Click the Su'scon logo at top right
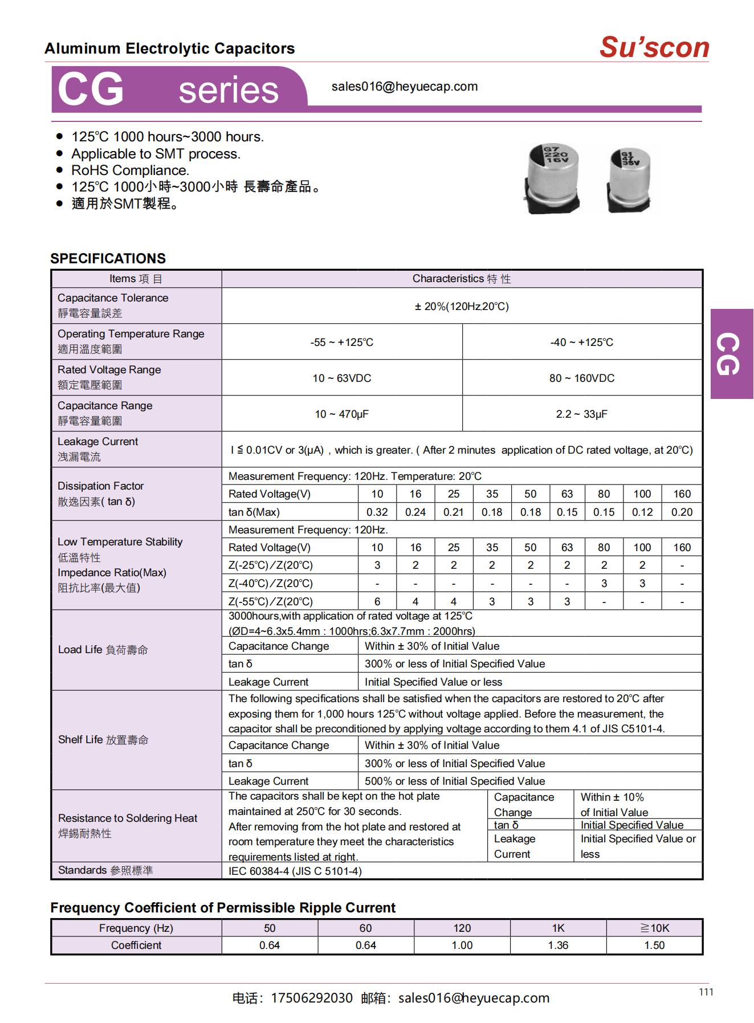pos(654,47)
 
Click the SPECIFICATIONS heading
pos(108,258)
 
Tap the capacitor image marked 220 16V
pos(551,177)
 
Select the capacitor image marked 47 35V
pos(629,179)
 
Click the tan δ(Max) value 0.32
pos(377,512)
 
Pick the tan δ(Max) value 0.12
pos(642,512)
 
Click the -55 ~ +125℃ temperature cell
pos(341,342)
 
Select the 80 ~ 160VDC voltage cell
pos(581,378)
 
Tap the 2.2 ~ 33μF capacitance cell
pos(581,414)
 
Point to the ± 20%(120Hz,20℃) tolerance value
pos(462,306)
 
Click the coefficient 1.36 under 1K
pos(558,945)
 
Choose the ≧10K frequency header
pos(654,928)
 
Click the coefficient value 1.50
pos(654,945)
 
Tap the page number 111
pos(706,992)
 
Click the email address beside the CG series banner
pos(405,87)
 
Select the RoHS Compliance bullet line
pos(130,170)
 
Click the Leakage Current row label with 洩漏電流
pos(97,449)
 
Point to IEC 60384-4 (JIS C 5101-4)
pos(295,871)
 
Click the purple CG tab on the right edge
pos(731,354)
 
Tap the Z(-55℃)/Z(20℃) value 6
pos(377,601)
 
